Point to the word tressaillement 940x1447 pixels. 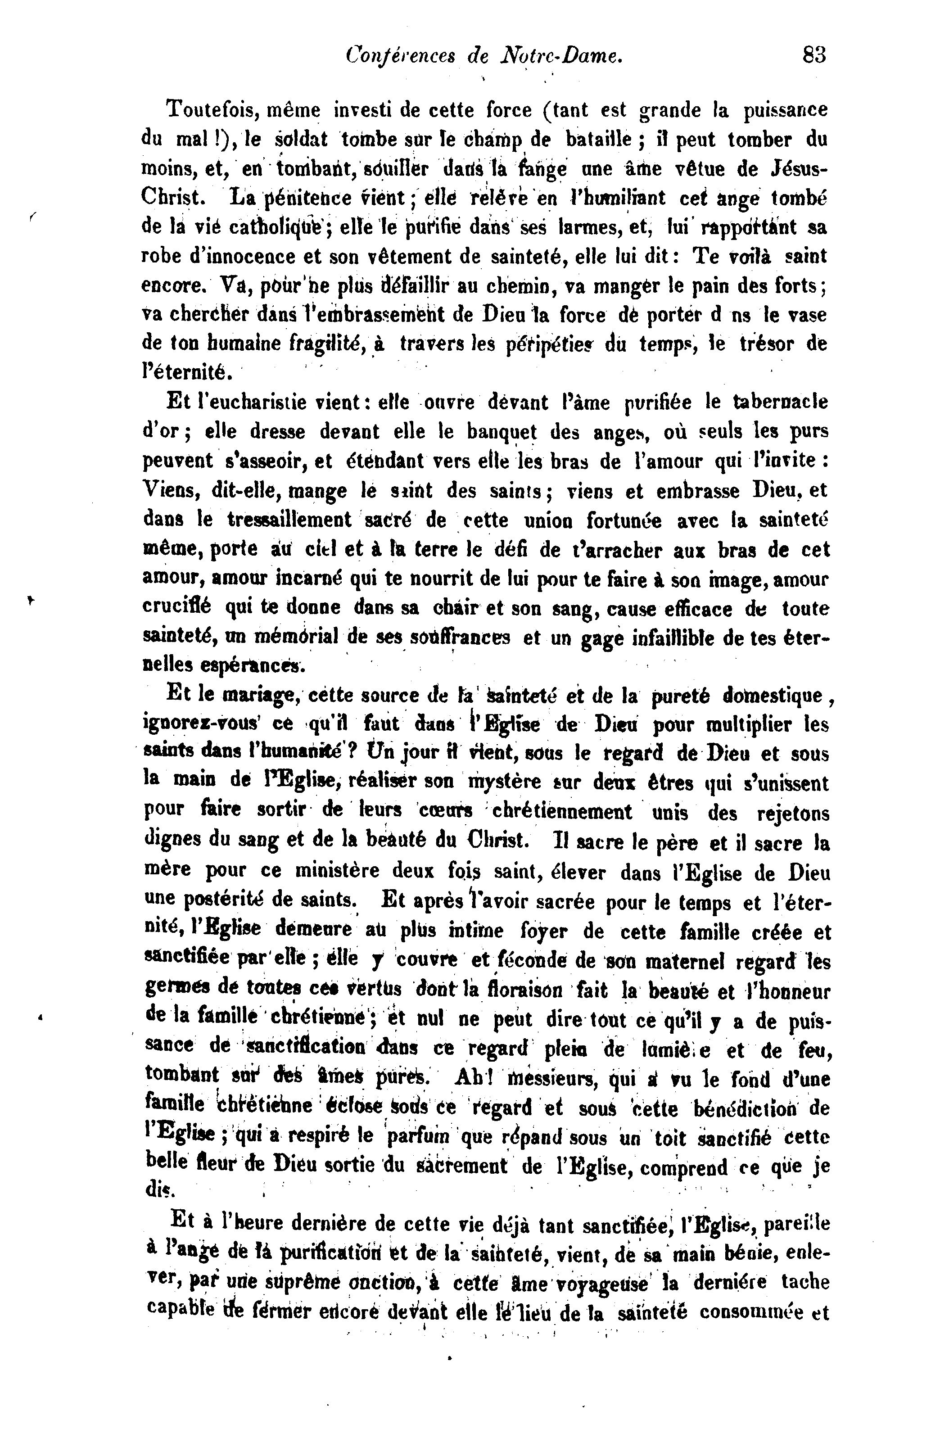(289, 520)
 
